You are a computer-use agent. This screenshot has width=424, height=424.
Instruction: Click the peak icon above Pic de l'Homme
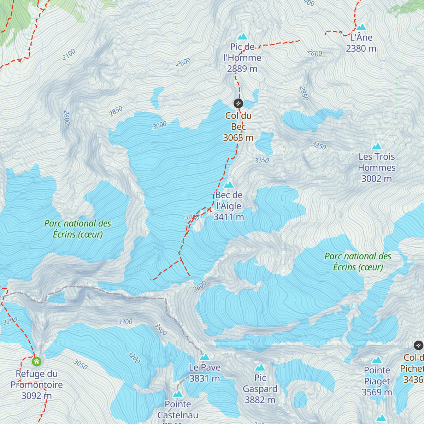(x=242, y=36)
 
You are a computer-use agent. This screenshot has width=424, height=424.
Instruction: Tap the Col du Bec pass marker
(x=238, y=103)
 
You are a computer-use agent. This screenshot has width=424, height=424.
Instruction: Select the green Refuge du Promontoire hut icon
(x=36, y=361)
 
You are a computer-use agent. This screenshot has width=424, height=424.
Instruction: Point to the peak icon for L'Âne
(x=361, y=27)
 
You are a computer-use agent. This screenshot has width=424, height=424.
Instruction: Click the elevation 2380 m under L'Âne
(x=361, y=48)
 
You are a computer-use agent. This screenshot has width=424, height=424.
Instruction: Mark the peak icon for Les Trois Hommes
(x=377, y=146)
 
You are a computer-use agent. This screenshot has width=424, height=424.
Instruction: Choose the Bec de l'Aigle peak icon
(x=229, y=184)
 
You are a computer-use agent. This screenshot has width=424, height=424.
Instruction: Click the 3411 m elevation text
(x=229, y=217)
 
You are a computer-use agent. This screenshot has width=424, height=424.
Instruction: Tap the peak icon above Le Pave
(x=205, y=357)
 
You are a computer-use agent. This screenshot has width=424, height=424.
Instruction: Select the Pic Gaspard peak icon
(x=260, y=367)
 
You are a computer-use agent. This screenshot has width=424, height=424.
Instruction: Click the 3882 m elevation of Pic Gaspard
(x=260, y=400)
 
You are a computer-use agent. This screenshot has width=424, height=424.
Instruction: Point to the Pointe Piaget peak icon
(x=377, y=360)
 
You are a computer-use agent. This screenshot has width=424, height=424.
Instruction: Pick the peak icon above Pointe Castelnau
(x=178, y=394)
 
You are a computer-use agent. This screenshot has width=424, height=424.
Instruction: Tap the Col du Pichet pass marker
(x=418, y=345)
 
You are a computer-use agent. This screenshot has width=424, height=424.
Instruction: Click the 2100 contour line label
(x=69, y=54)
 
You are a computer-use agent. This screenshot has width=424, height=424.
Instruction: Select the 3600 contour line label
(x=200, y=286)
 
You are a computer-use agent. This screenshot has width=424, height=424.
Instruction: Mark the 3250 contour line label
(x=319, y=145)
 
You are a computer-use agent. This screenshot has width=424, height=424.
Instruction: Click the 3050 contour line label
(x=80, y=364)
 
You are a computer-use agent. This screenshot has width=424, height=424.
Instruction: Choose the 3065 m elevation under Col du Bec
(x=238, y=137)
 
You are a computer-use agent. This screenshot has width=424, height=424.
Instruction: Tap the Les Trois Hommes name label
(x=377, y=162)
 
